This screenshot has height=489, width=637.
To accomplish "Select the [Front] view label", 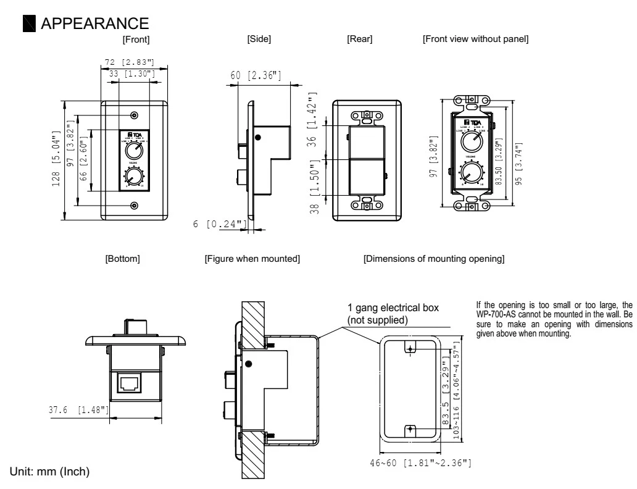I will (136, 40).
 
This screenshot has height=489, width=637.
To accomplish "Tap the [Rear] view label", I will (360, 40).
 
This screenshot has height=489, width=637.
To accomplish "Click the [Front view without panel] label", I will (475, 40).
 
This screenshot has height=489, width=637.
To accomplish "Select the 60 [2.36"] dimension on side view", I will (256, 75).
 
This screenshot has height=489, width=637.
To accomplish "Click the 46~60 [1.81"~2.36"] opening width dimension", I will (420, 463).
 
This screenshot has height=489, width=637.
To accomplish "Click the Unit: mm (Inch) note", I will (51, 471).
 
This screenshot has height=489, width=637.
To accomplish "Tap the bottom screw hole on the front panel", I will (135, 206).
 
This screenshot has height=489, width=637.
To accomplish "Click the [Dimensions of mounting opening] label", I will (434, 259).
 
